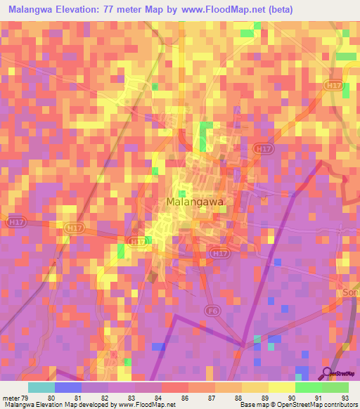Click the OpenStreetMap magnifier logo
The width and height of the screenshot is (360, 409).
(x=328, y=372)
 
